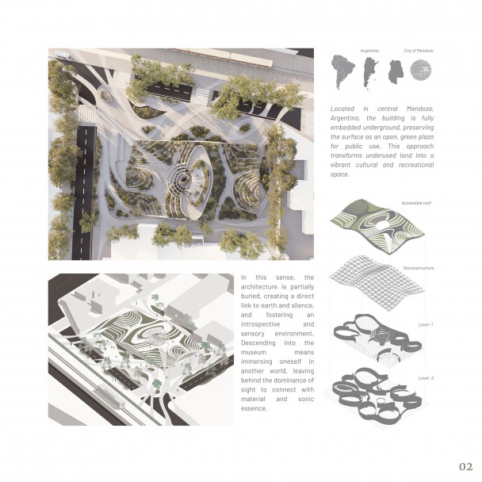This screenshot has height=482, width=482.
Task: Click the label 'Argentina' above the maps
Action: tap(369, 51)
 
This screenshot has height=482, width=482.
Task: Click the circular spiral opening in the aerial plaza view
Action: tap(185, 180)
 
